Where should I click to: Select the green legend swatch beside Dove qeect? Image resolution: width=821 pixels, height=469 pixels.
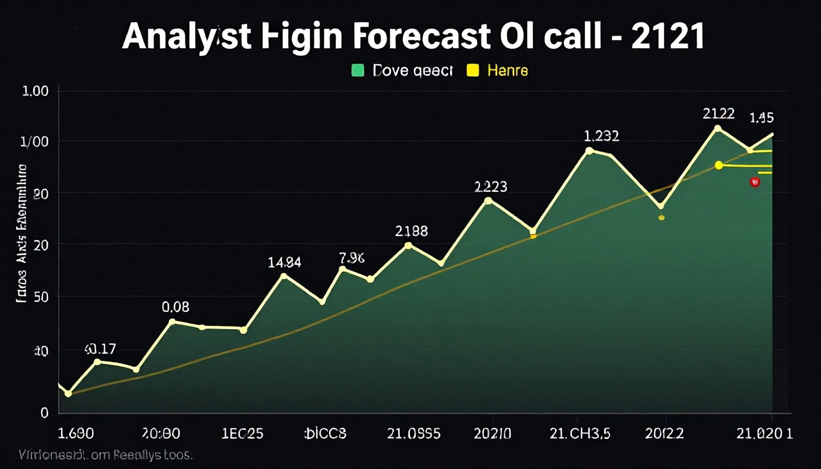coord(357,71)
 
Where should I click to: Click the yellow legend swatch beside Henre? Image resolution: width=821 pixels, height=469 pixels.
coord(472,71)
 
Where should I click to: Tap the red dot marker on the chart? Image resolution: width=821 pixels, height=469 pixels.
coord(755,182)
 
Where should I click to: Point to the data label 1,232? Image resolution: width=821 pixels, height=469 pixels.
coord(601,136)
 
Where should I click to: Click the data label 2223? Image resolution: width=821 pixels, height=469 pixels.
coord(491,186)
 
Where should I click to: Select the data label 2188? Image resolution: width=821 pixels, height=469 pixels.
coord(411,231)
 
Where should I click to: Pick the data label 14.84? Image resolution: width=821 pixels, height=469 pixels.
coord(285,262)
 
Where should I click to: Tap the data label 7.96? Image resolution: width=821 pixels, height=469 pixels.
coord(352,258)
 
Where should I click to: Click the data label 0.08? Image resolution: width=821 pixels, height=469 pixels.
coord(175,307)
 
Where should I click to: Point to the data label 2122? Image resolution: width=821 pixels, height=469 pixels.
coord(718,114)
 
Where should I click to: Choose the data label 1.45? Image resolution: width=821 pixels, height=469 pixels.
coord(761,118)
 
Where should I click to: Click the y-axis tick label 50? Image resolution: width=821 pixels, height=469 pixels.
coord(41,297)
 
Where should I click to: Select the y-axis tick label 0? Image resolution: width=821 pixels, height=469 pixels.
coord(44,413)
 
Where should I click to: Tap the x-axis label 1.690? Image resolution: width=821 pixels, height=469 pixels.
coord(76,433)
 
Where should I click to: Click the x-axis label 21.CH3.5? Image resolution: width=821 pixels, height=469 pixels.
coord(580,433)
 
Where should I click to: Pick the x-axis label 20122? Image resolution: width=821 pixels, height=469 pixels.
coord(664,433)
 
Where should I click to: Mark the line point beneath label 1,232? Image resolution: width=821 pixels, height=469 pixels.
coord(589,150)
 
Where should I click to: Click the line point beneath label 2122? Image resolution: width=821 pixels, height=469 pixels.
coord(717,128)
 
